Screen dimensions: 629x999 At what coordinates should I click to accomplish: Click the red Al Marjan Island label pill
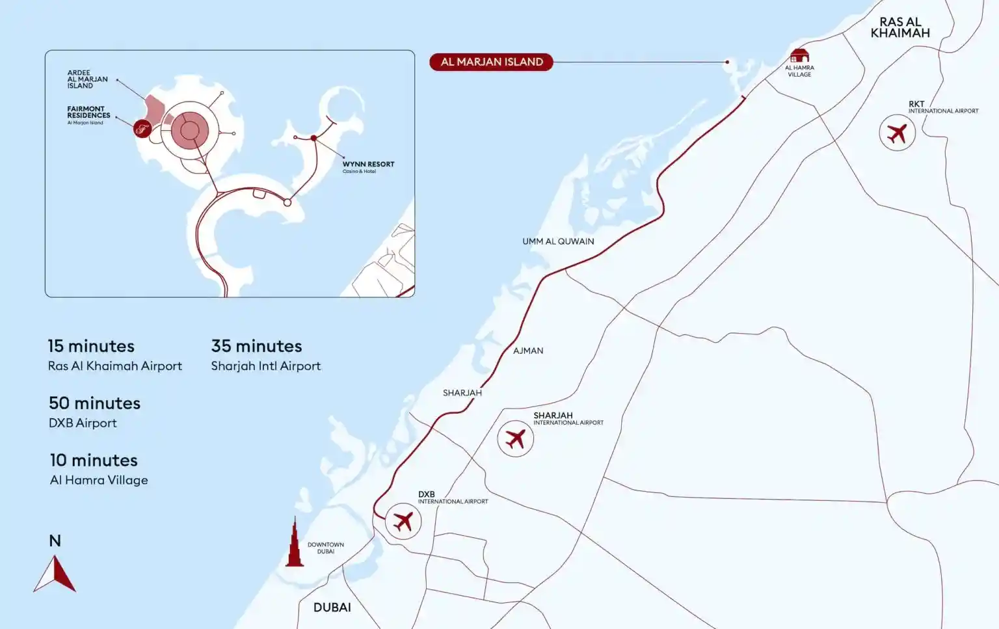(491, 62)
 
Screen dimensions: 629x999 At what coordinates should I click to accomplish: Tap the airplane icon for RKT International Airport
(897, 133)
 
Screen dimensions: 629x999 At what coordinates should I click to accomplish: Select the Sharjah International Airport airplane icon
(515, 438)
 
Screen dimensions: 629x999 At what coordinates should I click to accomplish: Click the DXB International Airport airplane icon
(403, 521)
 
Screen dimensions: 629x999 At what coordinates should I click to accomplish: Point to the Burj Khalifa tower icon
(295, 544)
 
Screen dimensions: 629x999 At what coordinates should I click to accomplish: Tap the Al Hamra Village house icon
(799, 55)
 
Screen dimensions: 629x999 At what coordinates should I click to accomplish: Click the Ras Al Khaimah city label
(900, 27)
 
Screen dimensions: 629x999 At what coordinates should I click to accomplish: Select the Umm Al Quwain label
(558, 241)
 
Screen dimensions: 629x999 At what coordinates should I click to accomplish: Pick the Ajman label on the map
(528, 351)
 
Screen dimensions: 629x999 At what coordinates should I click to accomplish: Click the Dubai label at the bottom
(332, 608)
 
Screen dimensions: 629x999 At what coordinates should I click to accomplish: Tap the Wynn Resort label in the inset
(368, 165)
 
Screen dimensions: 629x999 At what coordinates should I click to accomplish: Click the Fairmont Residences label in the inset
(88, 113)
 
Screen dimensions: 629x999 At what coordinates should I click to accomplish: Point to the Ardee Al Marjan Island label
(87, 79)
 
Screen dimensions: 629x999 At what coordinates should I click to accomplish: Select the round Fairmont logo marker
(142, 129)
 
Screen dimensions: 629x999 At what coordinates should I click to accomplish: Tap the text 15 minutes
(91, 346)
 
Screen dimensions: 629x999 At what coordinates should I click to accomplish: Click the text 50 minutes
(94, 403)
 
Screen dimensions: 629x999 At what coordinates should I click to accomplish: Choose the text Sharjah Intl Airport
(265, 366)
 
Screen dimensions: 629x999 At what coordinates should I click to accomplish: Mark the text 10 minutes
(94, 461)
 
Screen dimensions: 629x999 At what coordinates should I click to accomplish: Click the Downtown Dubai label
(325, 548)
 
